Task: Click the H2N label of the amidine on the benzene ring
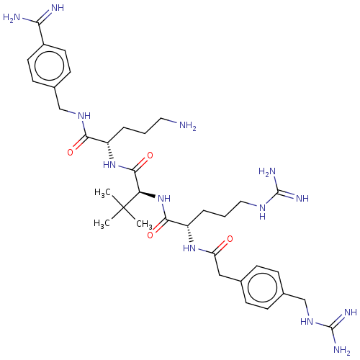coord(12,17)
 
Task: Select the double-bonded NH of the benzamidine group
coord(58,8)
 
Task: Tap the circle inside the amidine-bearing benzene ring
coord(49,66)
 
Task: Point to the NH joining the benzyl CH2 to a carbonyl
coord(84,116)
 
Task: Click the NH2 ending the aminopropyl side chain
coord(188,125)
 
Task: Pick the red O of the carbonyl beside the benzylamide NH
coord(70,152)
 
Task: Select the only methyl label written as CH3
coord(144,225)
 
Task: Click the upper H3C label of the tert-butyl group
coord(102,193)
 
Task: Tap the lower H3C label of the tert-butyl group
coord(102,224)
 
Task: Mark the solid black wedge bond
coord(147,195)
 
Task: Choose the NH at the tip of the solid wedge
coord(164,199)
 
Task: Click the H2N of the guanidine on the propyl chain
coord(267,172)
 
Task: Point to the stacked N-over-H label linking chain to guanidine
coord(263,212)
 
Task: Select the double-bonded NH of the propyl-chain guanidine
coord(302,199)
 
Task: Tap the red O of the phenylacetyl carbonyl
coord(230,239)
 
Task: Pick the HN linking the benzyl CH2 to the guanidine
coord(307,322)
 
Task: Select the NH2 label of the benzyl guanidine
coord(342,350)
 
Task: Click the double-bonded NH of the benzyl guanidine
coord(351,312)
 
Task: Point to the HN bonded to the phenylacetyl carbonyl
coord(189,248)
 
